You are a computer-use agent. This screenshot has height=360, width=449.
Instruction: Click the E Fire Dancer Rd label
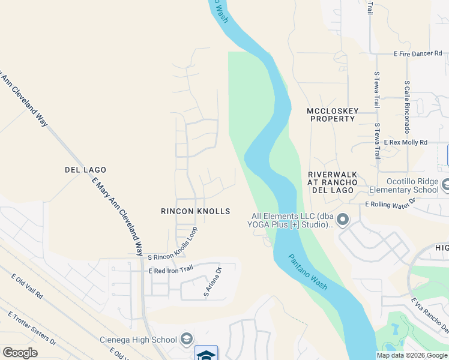pos(418,54)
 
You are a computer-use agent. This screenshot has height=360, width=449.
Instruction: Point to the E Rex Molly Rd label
pos(406,143)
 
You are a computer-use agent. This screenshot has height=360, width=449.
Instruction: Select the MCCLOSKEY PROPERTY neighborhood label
pos(332,115)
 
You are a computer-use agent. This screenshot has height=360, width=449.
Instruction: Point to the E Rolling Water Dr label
pos(390,205)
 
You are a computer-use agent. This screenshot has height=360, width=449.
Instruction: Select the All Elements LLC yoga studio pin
pos(343,220)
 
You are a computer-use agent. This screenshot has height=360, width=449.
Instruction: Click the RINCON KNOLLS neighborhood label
pos(196,211)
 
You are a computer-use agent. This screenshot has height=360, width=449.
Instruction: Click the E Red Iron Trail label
pos(170,271)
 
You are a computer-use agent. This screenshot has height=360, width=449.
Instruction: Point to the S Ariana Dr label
pos(213,283)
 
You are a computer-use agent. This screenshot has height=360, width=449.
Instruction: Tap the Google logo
pos(20,353)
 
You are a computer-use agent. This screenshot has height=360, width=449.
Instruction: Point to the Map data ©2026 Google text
pos(411,355)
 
